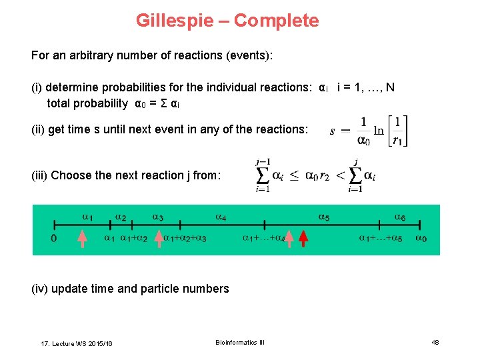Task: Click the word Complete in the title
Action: point(276,21)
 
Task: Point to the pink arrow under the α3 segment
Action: point(159,238)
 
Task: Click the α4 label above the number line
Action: point(221,217)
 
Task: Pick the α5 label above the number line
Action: point(323,217)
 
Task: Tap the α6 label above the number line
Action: point(399,217)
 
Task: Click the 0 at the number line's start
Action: point(53,238)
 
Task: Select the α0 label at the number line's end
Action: point(421,238)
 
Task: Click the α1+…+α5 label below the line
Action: point(381,238)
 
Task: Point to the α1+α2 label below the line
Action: point(134,238)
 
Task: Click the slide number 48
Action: point(435,342)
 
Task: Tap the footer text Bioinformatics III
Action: point(240,342)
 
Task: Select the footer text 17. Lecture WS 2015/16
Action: point(77,343)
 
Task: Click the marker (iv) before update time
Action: point(39,289)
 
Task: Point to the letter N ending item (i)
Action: point(391,87)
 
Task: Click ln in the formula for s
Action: point(379,131)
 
